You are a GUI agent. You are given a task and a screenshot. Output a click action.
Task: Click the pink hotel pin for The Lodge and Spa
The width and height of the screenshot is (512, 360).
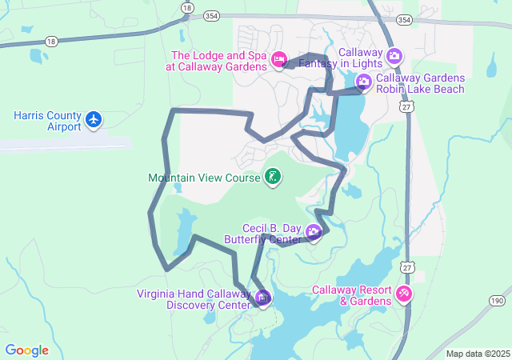point(279,58)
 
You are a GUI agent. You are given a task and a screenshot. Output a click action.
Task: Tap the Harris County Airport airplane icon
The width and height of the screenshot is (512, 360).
point(94,120)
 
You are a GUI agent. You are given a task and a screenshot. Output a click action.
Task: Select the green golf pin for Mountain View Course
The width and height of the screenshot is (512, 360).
point(273,177)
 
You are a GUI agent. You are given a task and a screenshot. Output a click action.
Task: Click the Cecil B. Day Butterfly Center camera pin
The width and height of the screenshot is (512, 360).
point(314,233)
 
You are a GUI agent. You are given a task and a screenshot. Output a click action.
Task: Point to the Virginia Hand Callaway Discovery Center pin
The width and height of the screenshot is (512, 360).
point(263,298)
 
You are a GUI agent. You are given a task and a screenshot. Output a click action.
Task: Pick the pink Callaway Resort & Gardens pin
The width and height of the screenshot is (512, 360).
point(404,294)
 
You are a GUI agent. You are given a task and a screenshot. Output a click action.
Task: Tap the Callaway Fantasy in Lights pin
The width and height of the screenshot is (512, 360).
point(394,56)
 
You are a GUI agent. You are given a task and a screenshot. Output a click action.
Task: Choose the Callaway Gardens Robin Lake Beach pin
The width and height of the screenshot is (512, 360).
point(363,81)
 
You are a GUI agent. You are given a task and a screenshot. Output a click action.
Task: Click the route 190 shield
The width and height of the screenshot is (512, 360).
point(497,300)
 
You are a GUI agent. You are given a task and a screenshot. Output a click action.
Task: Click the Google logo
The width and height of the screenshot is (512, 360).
point(26,350)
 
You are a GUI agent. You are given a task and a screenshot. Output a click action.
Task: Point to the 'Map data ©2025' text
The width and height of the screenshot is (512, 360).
point(477,354)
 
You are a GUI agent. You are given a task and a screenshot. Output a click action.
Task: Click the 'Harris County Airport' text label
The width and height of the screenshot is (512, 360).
point(47,121)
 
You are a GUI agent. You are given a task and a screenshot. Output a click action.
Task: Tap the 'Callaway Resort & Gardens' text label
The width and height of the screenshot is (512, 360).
point(352,295)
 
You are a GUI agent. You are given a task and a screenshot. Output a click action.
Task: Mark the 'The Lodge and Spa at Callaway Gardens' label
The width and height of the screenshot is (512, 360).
point(218,61)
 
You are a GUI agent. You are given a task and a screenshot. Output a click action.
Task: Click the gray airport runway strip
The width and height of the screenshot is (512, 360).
point(64,144)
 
